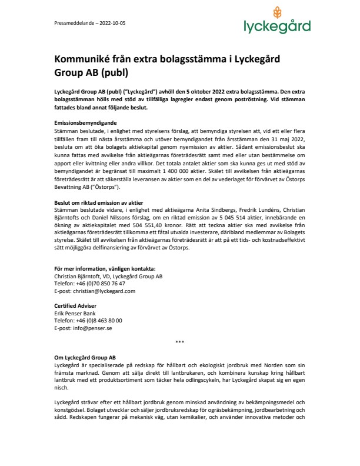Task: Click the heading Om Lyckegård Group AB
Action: click(x=85, y=357)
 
